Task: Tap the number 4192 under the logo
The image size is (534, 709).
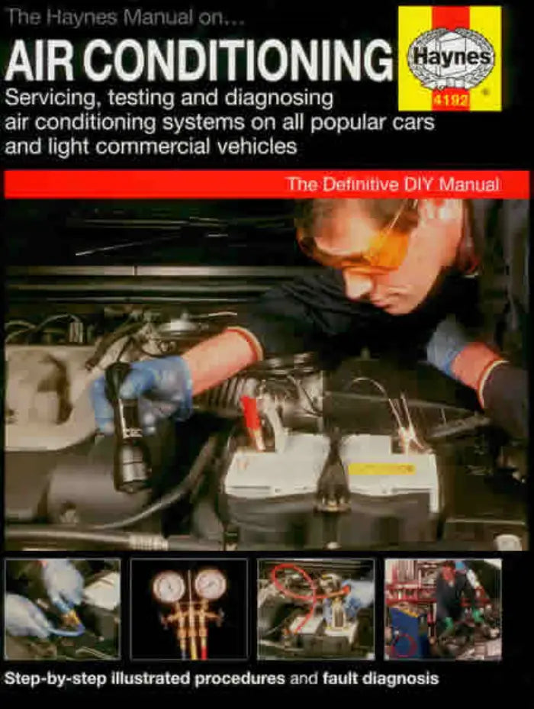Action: tap(450, 101)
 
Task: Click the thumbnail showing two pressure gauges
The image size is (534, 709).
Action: tap(188, 608)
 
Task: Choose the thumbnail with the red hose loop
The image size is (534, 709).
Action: tap(315, 608)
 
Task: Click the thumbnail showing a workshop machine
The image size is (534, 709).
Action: tap(442, 608)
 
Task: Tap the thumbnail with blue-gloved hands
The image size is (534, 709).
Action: tap(63, 608)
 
